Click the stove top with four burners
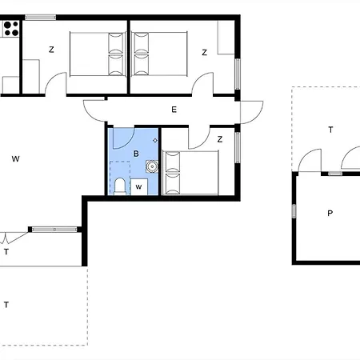[11, 29]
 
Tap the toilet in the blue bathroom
[120, 186]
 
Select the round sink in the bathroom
[152, 166]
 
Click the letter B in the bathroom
[136, 154]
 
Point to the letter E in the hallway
[174, 110]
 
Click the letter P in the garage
[330, 214]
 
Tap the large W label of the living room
[15, 159]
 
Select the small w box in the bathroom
[139, 187]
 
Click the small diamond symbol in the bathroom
[155, 140]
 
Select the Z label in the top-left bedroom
[51, 50]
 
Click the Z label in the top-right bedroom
[205, 53]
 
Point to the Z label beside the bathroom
[220, 139]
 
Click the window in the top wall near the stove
[41, 18]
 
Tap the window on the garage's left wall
[294, 211]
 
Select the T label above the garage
[330, 130]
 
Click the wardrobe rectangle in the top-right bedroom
[226, 38]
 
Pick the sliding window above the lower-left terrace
[54, 230]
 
